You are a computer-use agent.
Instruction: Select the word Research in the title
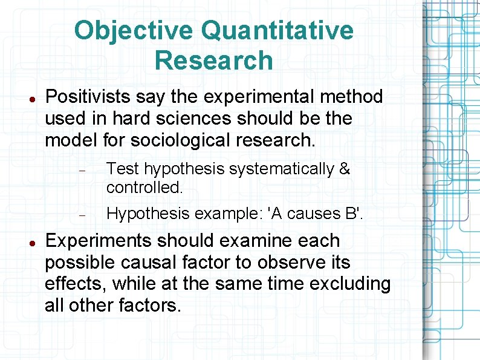point(213,61)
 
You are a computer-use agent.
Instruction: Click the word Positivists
point(88,97)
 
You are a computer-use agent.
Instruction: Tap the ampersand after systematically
point(345,169)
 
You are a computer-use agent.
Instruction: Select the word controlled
point(144,188)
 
